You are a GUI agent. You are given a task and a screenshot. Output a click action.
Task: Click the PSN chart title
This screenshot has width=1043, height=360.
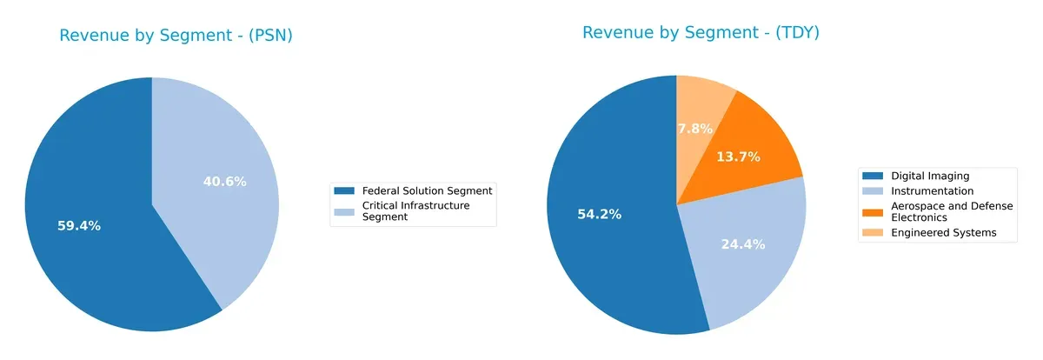176,36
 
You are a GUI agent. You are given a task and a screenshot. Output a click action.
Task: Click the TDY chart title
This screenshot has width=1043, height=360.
701,32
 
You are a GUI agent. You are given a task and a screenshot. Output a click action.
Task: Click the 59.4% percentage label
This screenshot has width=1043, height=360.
79,226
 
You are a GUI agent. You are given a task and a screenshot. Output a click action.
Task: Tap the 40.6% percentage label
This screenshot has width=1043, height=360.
224,182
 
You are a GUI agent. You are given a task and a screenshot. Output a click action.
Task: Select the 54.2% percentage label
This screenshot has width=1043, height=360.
600,214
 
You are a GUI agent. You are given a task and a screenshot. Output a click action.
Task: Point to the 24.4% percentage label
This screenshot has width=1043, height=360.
743,244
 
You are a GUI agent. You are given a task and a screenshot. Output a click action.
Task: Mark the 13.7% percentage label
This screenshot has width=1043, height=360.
739,157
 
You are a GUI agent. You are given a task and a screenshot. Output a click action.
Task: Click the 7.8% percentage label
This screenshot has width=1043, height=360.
694,129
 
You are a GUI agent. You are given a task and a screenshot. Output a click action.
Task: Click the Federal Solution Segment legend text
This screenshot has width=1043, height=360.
427,190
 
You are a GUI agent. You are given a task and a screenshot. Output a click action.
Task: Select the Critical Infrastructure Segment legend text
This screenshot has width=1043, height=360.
415,211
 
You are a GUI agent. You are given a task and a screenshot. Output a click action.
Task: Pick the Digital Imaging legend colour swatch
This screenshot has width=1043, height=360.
873,176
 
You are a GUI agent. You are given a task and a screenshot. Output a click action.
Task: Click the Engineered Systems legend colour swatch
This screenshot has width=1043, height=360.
873,232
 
